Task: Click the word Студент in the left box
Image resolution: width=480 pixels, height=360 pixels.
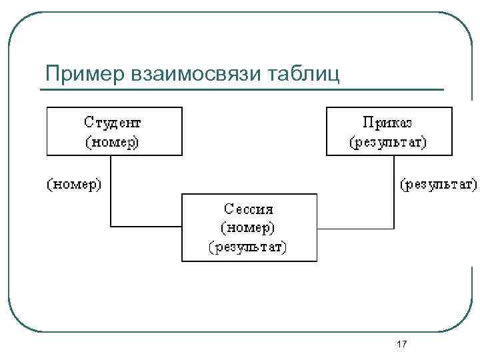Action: tap(113, 123)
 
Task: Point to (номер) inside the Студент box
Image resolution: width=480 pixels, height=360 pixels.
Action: tap(113, 141)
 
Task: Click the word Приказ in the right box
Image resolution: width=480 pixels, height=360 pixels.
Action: tap(388, 123)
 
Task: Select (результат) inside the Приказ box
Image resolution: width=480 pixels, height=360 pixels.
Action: tap(388, 141)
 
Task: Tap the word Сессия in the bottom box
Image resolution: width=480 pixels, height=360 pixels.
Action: tap(248, 209)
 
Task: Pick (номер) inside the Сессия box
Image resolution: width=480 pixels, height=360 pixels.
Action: tap(248, 227)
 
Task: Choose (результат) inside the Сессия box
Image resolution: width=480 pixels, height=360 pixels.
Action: tap(248, 247)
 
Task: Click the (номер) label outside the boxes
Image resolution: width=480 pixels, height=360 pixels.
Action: tap(73, 183)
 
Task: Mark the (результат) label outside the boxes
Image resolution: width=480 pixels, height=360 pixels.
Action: tap(437, 183)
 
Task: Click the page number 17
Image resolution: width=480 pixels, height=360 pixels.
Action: tap(401, 344)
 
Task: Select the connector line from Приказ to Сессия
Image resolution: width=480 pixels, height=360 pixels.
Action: tap(395, 193)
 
